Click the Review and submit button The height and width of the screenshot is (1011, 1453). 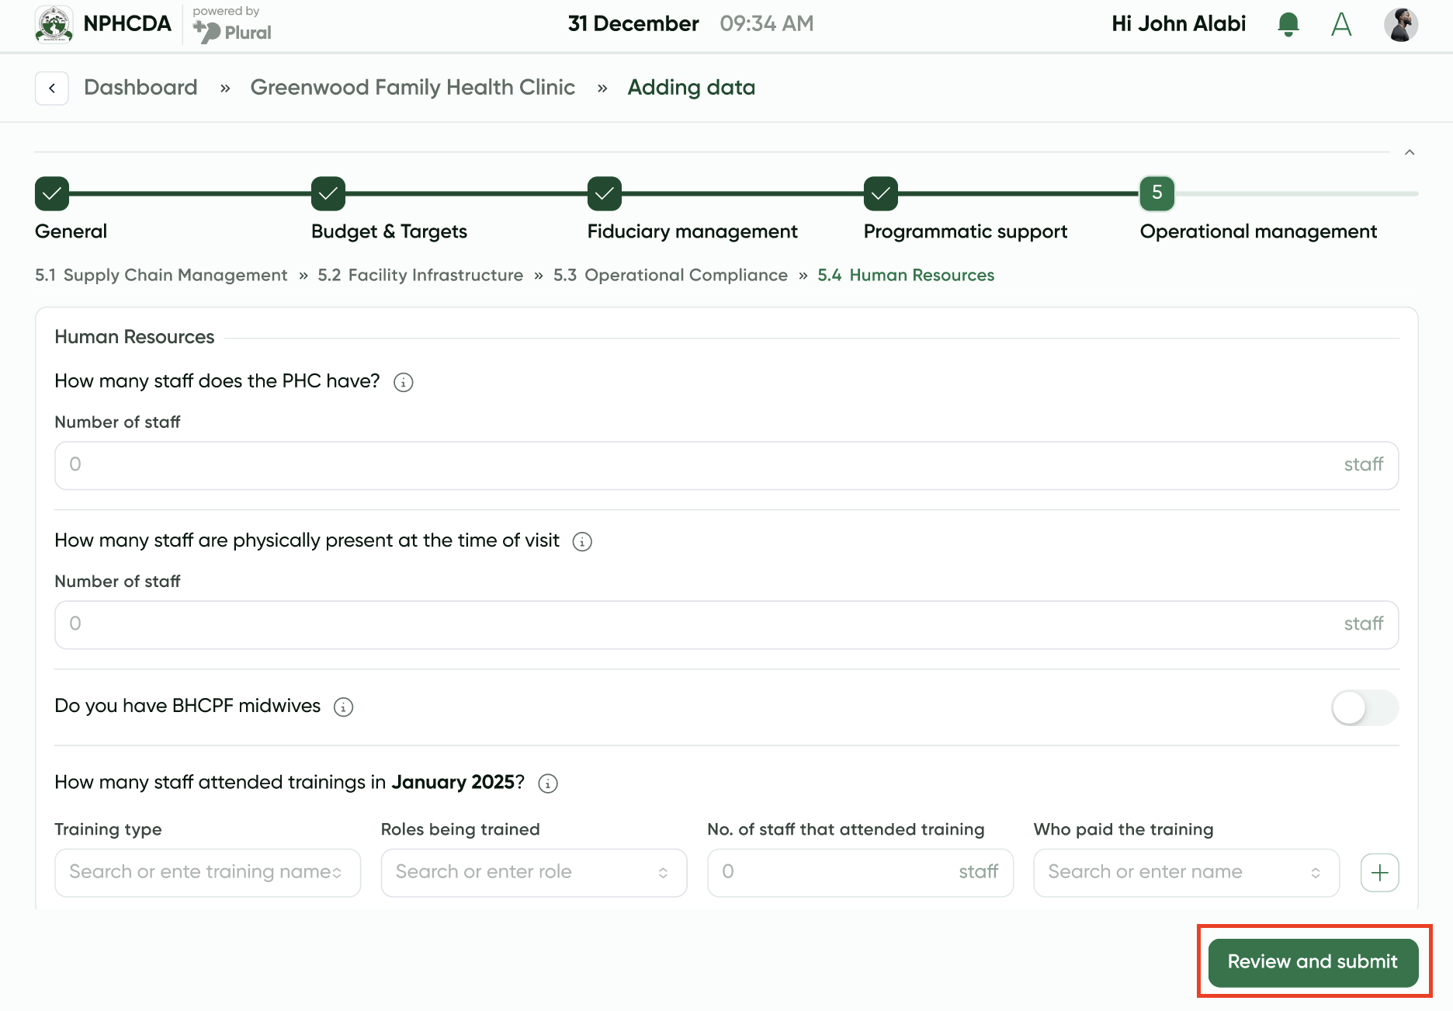(x=1313, y=962)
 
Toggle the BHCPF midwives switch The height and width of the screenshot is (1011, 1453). (x=1365, y=707)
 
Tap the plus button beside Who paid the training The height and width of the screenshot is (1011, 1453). (x=1379, y=873)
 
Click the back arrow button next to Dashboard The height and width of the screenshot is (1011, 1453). (x=52, y=88)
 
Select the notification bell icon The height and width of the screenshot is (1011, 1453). (x=1288, y=24)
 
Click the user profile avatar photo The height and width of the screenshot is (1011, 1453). (x=1401, y=24)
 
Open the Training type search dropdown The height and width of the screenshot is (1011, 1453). (x=207, y=873)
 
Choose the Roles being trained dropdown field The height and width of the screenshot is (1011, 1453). (x=534, y=873)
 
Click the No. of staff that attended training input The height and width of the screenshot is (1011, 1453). (x=860, y=873)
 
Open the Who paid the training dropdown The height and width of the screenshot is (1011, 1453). (x=1186, y=873)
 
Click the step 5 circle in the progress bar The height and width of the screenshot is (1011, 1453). (x=1157, y=193)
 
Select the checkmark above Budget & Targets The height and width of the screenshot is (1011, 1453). (x=328, y=193)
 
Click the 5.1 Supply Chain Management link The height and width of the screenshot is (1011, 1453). (x=161, y=275)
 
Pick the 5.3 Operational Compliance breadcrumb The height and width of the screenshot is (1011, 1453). (x=671, y=275)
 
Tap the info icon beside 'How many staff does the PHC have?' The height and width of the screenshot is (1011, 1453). (x=404, y=382)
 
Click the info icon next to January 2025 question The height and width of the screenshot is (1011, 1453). (x=548, y=783)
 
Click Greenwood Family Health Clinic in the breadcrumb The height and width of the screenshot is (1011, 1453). (x=413, y=87)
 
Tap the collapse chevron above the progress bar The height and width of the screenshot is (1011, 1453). (x=1410, y=152)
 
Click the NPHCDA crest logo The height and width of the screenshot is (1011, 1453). (x=54, y=24)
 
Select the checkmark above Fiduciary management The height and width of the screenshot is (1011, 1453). (x=605, y=193)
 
